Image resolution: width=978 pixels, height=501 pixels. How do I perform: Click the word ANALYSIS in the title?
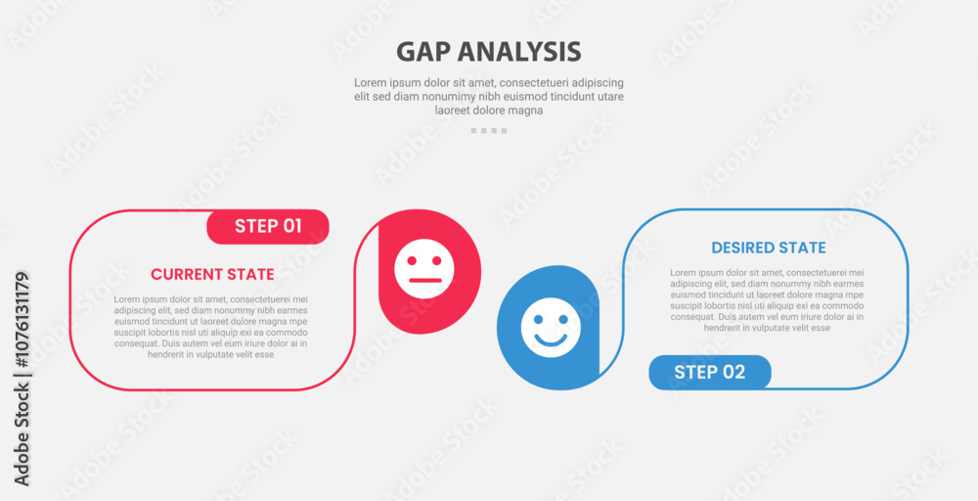tap(519, 52)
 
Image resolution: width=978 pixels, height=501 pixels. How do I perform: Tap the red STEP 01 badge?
tap(268, 226)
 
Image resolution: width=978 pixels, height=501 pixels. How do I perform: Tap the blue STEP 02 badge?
tap(710, 373)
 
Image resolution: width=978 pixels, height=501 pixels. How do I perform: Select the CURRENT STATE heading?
tap(212, 275)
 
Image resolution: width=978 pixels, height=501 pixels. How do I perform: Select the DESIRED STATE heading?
tap(769, 248)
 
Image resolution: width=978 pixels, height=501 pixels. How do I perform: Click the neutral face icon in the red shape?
tap(424, 269)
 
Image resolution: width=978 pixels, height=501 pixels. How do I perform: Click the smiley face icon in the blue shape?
tap(551, 328)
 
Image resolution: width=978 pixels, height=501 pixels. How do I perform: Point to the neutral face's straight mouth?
tap(424, 281)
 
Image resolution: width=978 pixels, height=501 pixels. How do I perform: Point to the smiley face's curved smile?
tap(551, 340)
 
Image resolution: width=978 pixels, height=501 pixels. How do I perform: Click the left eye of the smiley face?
tap(539, 319)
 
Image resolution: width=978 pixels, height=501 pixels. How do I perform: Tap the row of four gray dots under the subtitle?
tap(489, 131)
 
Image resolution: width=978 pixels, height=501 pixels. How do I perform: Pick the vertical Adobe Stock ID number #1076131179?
tap(22, 322)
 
